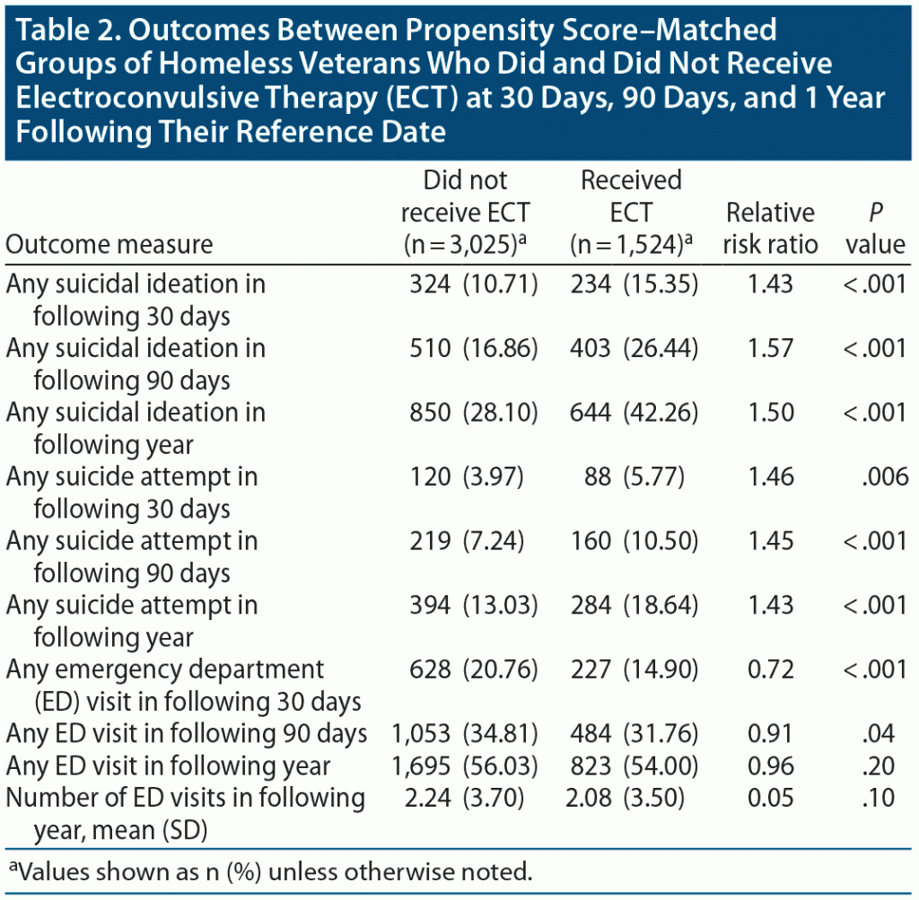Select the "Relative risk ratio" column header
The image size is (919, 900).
point(770,228)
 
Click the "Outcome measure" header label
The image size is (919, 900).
point(109,244)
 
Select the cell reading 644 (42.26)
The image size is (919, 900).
point(634,412)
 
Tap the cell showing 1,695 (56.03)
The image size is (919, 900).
point(465,765)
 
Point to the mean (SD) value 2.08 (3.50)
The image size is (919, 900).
point(634,798)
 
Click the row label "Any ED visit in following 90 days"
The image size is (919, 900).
point(187,733)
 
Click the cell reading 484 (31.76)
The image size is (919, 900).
point(634,733)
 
